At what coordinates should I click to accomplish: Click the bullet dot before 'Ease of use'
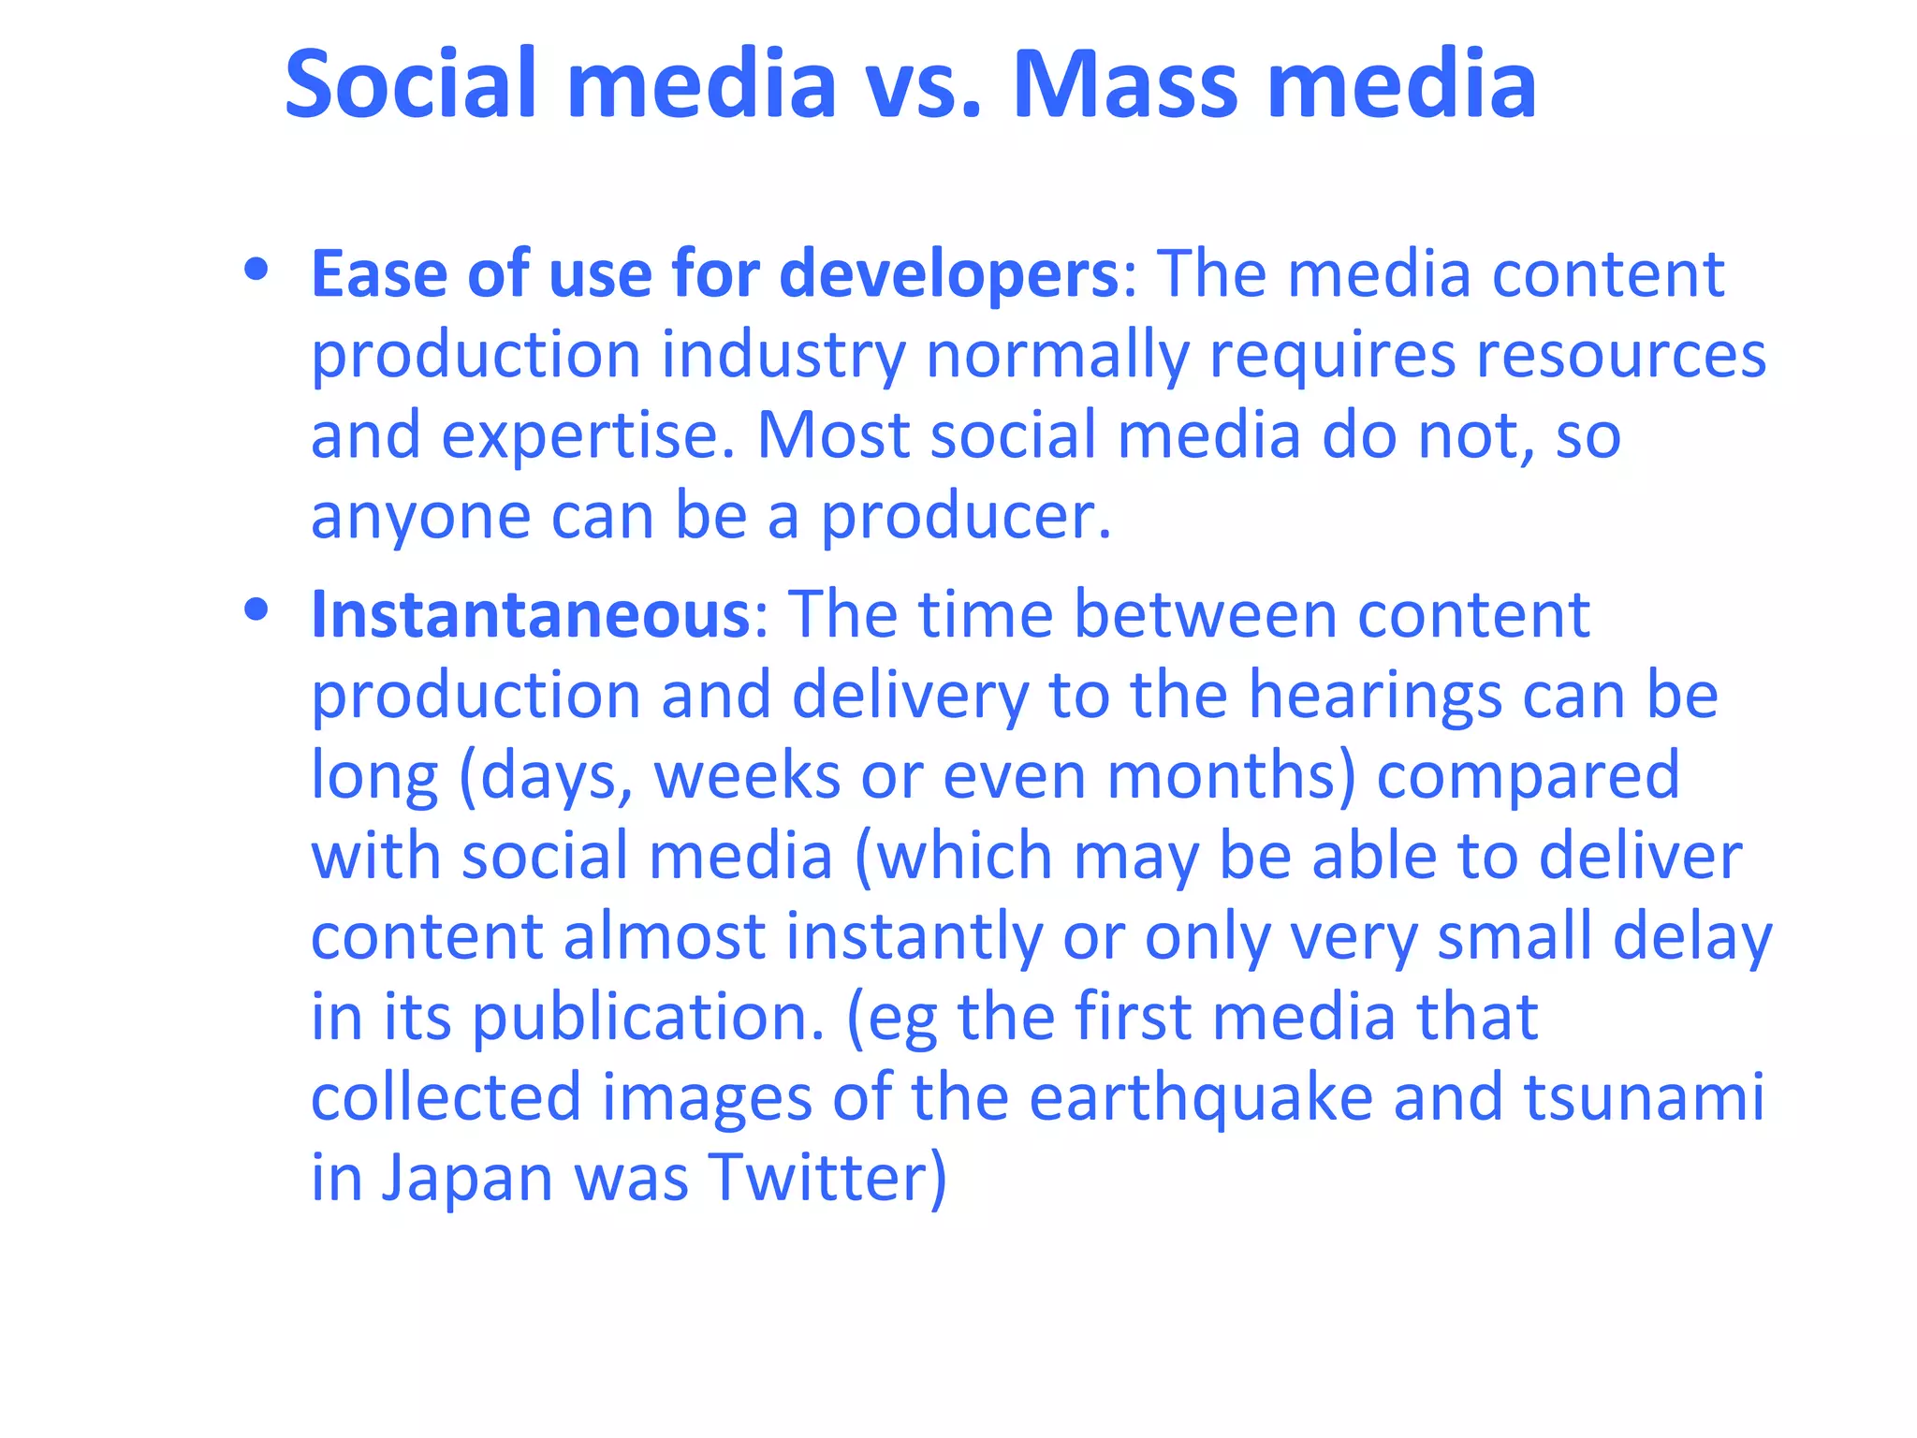(x=256, y=271)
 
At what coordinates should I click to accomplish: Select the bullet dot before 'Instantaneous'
(x=256, y=610)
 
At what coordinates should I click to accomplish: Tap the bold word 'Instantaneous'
(x=530, y=615)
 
